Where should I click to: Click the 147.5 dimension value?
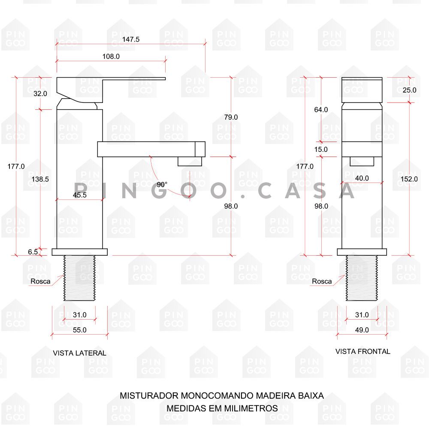[x=130, y=39]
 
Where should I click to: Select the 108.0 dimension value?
[x=111, y=56]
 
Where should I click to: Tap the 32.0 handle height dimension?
[x=40, y=94]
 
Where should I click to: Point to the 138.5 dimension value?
[x=40, y=179]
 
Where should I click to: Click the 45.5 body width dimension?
[x=80, y=195]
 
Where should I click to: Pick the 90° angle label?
[x=162, y=184]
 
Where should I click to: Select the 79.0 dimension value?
[x=231, y=117]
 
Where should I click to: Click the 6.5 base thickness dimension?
[x=33, y=252]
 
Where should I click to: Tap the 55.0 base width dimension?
[x=80, y=330]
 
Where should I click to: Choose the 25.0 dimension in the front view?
[x=409, y=90]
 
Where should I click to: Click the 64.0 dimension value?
[x=321, y=110]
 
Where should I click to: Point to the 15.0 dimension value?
[x=321, y=149]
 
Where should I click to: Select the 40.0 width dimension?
[x=362, y=178]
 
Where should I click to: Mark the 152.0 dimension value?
[x=409, y=179]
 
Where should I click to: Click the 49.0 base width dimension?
[x=362, y=330]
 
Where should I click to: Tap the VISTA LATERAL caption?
[x=80, y=353]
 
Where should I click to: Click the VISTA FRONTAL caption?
[x=363, y=351]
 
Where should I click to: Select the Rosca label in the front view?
[x=322, y=281]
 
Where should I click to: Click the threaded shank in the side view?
[x=80, y=278]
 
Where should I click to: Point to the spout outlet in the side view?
[x=190, y=161]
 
